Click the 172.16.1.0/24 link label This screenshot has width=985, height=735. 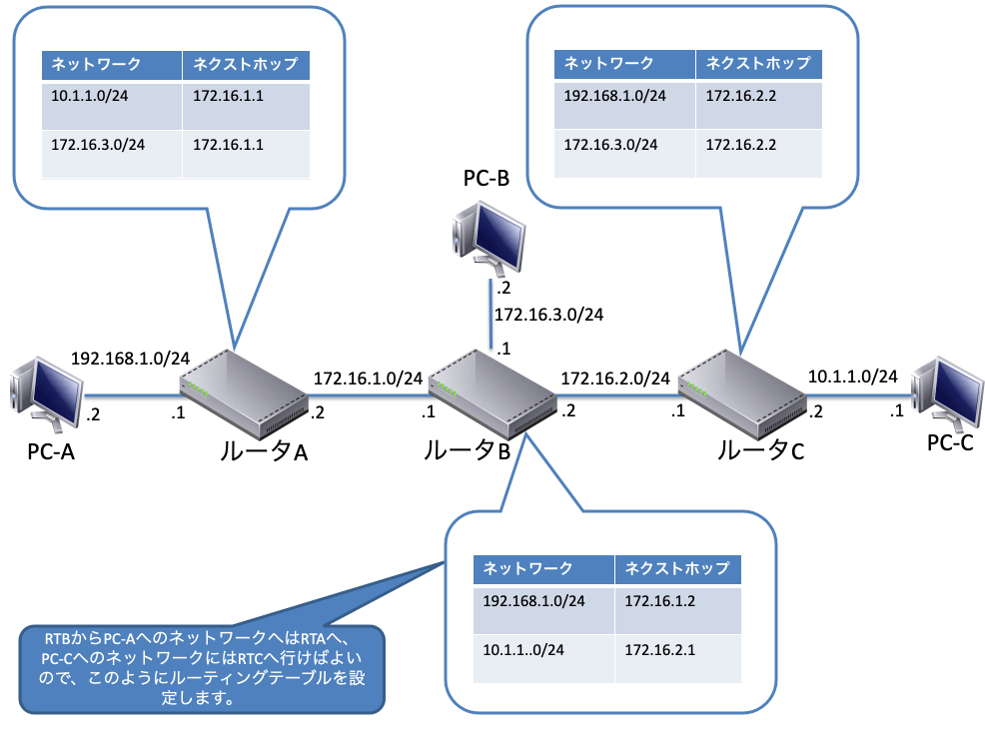pos(368,378)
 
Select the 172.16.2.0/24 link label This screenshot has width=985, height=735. pos(615,378)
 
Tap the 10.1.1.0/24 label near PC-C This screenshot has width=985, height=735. pos(852,376)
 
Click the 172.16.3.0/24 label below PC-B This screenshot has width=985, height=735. pos(548,315)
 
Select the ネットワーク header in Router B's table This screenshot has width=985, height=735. pos(527,568)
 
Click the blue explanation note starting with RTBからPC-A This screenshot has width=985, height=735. pos(201,668)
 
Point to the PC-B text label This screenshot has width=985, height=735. pos(487,180)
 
